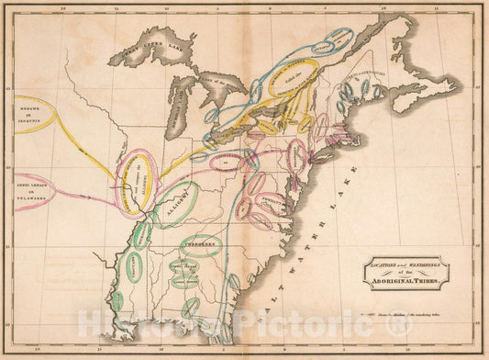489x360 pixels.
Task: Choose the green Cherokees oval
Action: [200, 246]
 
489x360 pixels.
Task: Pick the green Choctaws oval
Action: [134, 267]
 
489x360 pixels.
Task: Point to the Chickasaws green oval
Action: [143, 234]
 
